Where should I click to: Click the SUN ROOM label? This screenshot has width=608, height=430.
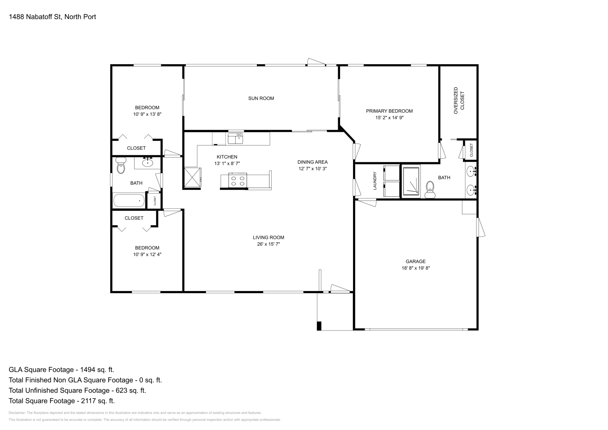[x=261, y=98]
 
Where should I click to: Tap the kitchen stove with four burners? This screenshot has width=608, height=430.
[x=238, y=180]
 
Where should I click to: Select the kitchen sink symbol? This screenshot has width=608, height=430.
[x=236, y=138]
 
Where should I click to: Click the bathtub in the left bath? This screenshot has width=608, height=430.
[x=129, y=201]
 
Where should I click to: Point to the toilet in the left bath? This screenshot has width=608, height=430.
[x=121, y=166]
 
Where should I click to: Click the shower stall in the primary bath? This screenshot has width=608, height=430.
[x=411, y=182]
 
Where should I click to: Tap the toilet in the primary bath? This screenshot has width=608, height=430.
[x=430, y=188]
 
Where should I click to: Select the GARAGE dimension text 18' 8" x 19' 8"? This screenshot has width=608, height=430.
[x=415, y=268]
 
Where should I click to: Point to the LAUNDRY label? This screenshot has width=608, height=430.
[x=375, y=180]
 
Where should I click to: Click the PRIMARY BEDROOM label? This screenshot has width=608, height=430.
[x=389, y=111]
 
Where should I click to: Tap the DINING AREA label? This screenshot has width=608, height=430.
[x=312, y=162]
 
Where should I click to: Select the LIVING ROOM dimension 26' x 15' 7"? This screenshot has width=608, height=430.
[x=268, y=244]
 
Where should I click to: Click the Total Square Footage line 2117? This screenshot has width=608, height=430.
[x=62, y=401]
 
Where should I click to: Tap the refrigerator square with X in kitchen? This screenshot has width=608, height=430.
[x=193, y=177]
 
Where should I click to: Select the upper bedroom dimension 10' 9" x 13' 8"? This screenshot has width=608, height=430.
[x=147, y=114]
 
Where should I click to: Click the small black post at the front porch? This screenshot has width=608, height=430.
[x=319, y=326]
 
